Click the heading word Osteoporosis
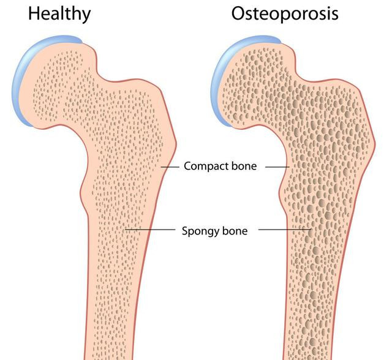click(x=284, y=13)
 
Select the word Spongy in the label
click(x=200, y=231)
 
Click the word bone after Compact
click(x=244, y=166)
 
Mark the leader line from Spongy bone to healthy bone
click(x=149, y=230)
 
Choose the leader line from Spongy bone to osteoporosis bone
click(x=285, y=230)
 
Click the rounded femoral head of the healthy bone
click(x=55, y=80)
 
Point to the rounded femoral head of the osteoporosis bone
click(x=251, y=80)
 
